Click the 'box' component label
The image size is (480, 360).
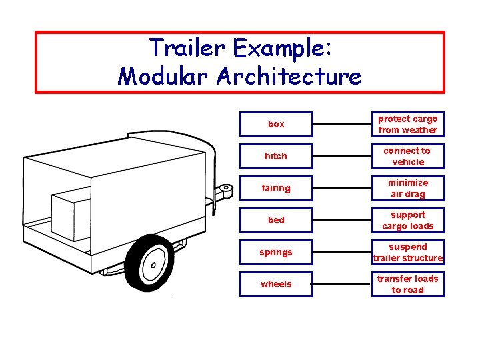pos(276,124)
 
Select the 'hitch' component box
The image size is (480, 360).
pos(276,156)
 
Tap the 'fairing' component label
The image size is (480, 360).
pos(276,188)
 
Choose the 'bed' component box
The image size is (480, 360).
pos(276,220)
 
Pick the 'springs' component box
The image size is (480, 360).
pos(276,252)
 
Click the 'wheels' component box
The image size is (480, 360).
pos(276,284)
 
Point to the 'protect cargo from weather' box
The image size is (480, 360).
pos(407,124)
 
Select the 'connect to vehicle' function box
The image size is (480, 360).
pos(407,156)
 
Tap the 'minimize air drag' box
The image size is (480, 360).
pos(407,188)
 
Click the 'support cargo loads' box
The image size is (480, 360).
pos(407,220)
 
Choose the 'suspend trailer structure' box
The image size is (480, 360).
pos(407,252)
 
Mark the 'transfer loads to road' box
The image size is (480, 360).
pos(407,284)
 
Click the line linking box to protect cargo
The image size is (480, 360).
pos(341,124)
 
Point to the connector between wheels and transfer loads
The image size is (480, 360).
pos(341,284)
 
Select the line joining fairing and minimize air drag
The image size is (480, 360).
pos(341,188)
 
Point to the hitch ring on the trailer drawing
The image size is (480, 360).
pos(226,191)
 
